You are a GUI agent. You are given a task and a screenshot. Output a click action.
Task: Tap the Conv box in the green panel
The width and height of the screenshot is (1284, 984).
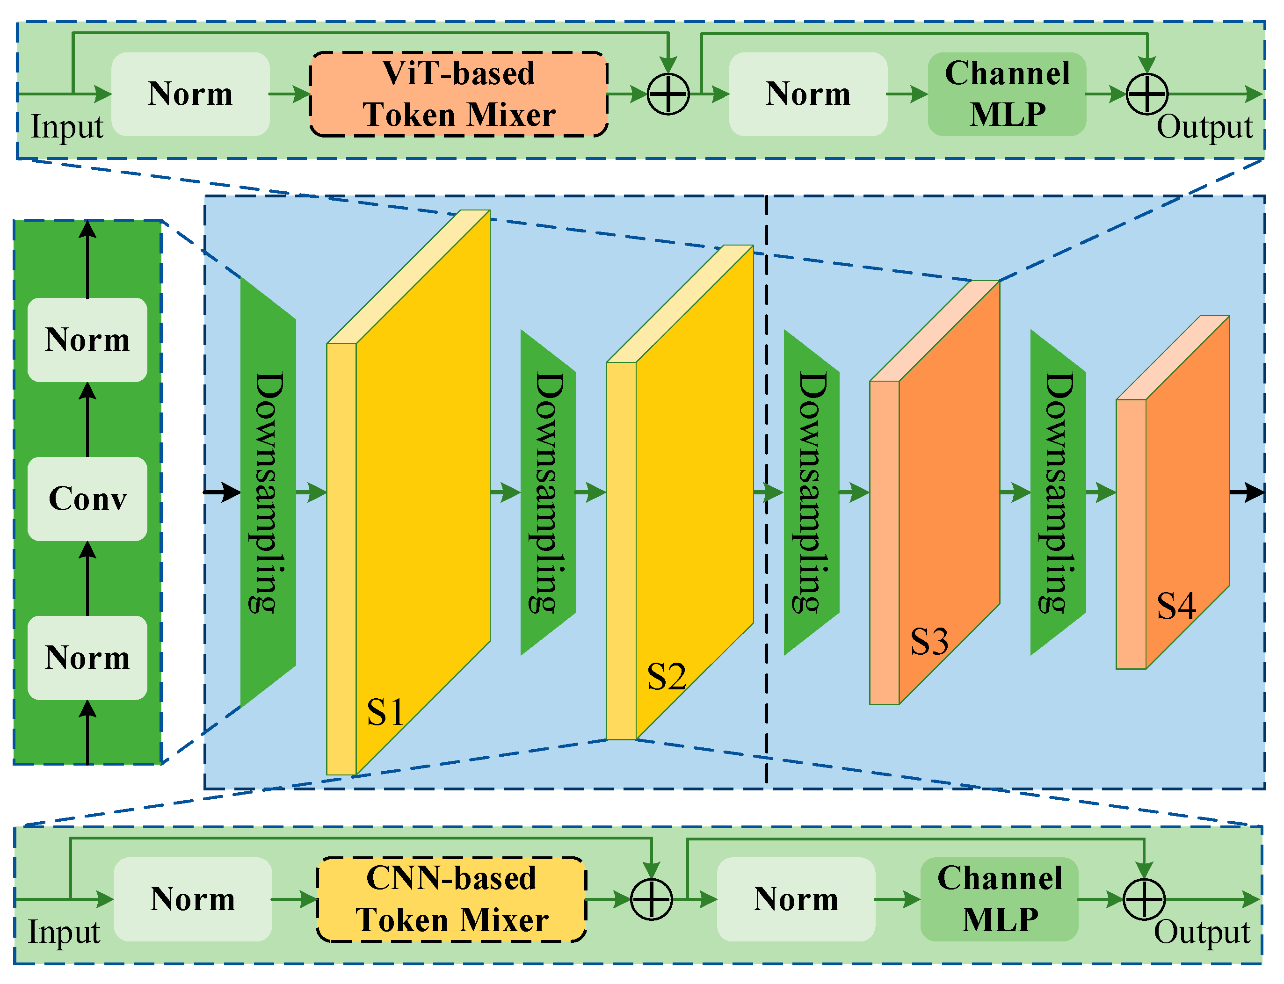click(87, 499)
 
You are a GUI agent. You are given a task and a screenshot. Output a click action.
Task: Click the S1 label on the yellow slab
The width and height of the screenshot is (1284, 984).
click(385, 713)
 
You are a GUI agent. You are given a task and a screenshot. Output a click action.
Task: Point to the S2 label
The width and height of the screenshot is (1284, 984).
click(666, 677)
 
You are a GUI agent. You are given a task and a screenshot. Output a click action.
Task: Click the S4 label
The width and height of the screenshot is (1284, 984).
click(1175, 606)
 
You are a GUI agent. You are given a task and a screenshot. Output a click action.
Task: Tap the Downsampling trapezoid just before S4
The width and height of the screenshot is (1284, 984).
click(1058, 492)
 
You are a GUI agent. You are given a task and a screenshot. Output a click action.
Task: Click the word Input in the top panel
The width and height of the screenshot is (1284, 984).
click(67, 127)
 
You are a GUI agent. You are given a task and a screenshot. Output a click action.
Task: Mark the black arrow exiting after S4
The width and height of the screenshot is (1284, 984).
click(1247, 492)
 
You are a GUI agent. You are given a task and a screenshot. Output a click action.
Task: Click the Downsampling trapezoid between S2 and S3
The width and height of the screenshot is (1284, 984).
click(811, 492)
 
